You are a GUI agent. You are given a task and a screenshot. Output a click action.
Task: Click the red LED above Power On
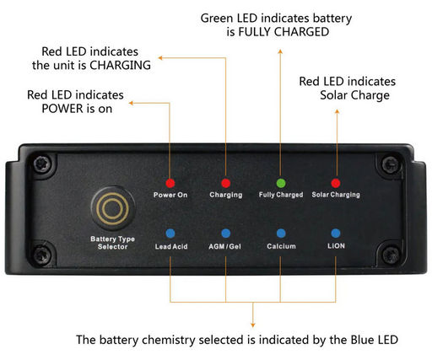click(x=170, y=183)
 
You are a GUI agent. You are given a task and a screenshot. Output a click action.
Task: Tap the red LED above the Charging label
click(x=226, y=183)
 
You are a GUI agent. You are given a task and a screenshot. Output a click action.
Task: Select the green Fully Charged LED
click(x=281, y=183)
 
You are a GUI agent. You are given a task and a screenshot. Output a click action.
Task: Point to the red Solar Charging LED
click(x=336, y=183)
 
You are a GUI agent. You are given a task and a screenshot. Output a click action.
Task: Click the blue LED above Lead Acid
click(x=170, y=234)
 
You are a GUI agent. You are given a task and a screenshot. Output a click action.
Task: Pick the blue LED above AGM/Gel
click(x=226, y=234)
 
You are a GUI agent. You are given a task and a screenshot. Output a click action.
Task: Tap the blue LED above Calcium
click(x=281, y=234)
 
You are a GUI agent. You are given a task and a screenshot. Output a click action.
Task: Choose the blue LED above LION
click(x=336, y=233)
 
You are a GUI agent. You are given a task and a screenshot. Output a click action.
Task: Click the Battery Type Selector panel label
click(x=112, y=243)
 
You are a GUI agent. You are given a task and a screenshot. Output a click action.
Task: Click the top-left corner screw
click(x=42, y=164)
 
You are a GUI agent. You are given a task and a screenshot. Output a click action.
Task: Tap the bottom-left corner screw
click(x=42, y=255)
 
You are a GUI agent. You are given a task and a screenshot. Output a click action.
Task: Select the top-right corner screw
click(x=391, y=164)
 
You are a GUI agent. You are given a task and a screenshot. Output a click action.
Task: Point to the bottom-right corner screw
click(x=391, y=255)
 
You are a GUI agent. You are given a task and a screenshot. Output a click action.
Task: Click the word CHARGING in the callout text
click(x=120, y=65)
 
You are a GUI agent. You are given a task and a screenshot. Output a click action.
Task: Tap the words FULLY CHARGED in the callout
click(x=283, y=32)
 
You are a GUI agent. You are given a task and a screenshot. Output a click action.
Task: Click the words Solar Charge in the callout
click(x=354, y=95)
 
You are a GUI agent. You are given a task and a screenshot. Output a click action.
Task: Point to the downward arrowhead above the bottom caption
click(x=253, y=325)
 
